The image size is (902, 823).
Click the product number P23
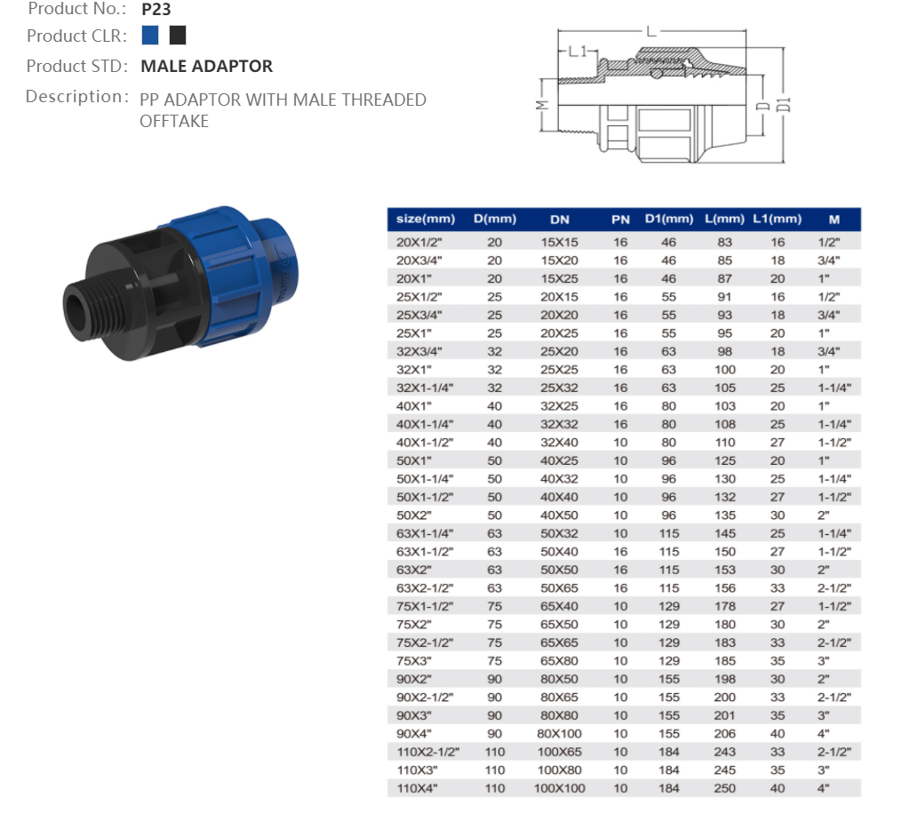[x=156, y=9]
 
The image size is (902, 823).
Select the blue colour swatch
[x=149, y=35]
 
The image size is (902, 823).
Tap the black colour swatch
[x=178, y=35]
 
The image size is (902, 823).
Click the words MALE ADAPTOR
[x=206, y=66]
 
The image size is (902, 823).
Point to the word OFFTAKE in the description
[x=174, y=122]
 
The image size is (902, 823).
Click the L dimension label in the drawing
[x=651, y=31]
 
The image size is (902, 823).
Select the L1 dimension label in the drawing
[x=578, y=52]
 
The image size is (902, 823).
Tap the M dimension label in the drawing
[x=542, y=105]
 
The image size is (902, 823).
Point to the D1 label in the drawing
[x=784, y=105]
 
